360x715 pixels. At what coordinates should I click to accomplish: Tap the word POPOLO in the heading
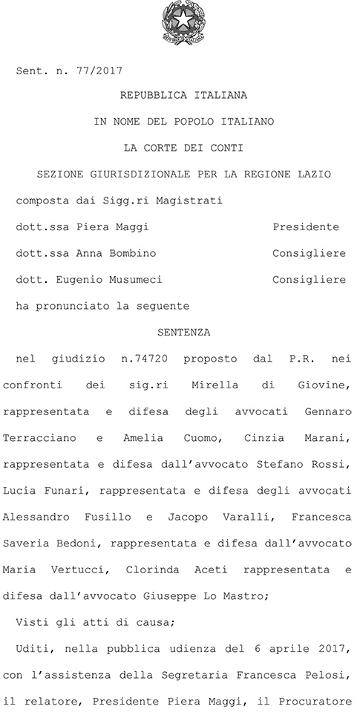pos(190,120)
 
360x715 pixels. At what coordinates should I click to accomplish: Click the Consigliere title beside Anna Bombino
pos(309,253)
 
